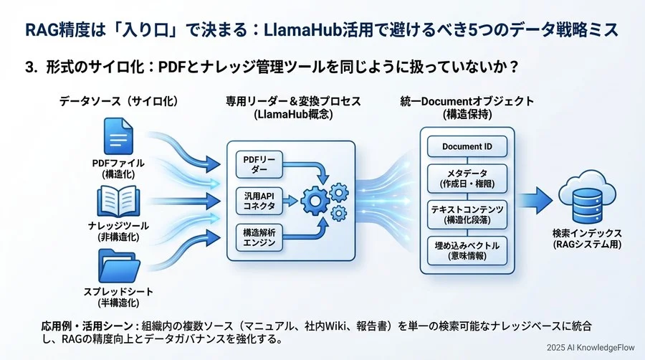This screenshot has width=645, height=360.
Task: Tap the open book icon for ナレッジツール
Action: (x=118, y=201)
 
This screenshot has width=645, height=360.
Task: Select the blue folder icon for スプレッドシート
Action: (x=118, y=266)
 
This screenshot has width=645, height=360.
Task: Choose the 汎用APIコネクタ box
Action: (x=255, y=199)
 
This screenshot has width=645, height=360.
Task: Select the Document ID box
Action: (x=467, y=146)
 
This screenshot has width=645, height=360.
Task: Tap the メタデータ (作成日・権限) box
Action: (x=467, y=177)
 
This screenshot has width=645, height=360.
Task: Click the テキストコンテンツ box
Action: (x=467, y=213)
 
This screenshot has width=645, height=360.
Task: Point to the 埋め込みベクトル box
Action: (x=467, y=249)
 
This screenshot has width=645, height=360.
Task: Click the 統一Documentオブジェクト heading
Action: (x=467, y=102)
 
